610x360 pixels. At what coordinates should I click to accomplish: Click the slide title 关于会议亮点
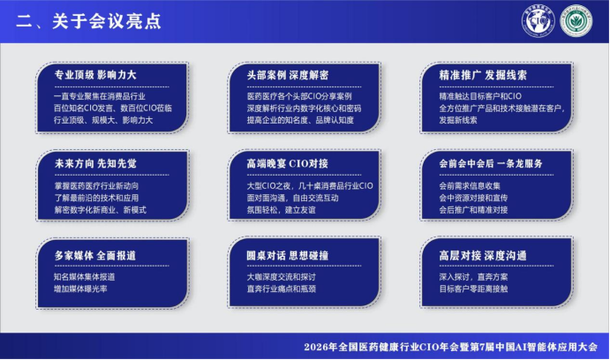(x=106, y=21)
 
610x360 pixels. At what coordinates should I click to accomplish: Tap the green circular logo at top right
(x=576, y=20)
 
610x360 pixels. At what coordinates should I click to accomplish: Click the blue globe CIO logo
(x=538, y=20)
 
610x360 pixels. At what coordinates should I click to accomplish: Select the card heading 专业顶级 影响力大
(x=95, y=75)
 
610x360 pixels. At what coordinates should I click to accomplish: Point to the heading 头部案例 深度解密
(x=288, y=75)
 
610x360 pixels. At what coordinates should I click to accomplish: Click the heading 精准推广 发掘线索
(x=483, y=75)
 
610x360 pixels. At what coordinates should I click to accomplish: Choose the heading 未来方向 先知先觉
(x=95, y=163)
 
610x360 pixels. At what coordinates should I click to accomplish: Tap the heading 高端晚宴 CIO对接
(x=288, y=163)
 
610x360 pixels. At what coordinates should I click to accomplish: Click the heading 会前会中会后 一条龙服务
(x=491, y=163)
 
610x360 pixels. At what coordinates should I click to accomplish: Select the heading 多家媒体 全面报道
(x=95, y=255)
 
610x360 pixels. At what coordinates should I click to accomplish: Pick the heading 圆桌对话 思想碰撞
(x=288, y=255)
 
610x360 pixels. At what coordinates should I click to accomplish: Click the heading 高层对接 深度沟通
(x=483, y=255)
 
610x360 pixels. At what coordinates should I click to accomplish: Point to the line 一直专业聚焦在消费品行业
(x=100, y=96)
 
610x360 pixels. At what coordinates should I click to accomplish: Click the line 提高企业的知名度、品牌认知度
(x=300, y=120)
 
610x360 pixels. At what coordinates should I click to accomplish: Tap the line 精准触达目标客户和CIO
(x=480, y=96)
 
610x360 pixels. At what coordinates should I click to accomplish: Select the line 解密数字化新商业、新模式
(x=101, y=210)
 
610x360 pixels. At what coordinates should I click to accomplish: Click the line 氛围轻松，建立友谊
(x=281, y=210)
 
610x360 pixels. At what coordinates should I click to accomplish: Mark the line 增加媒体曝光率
(x=80, y=289)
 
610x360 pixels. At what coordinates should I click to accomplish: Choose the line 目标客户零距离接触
(x=473, y=289)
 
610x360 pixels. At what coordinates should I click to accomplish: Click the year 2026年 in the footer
(x=320, y=347)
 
